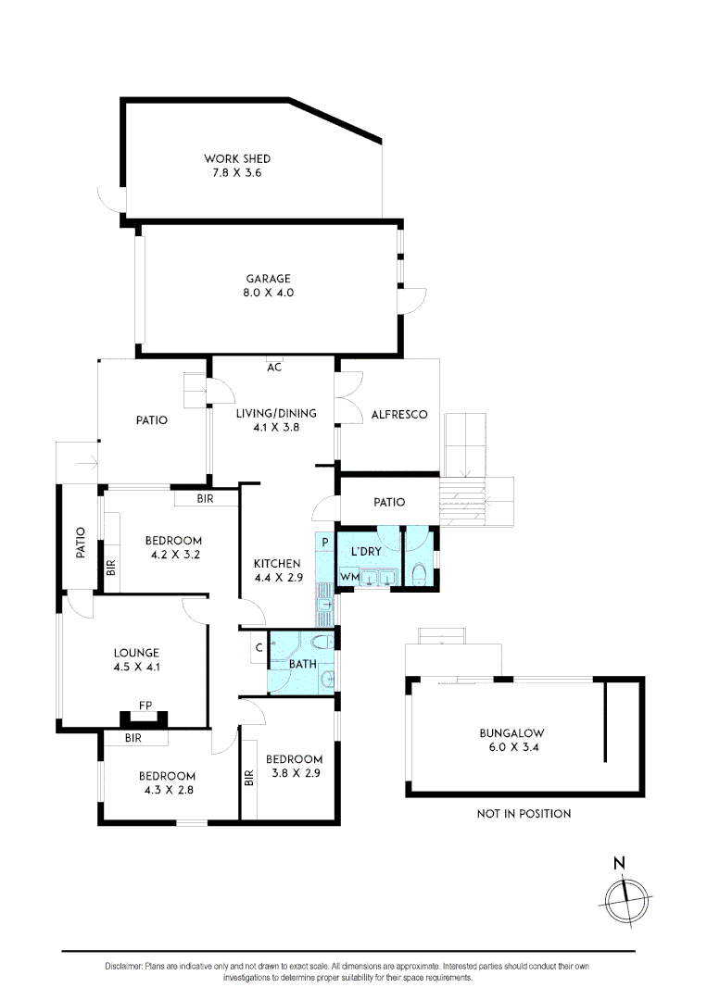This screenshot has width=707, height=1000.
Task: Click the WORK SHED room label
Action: [237, 159]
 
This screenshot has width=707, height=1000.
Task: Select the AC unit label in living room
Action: [274, 367]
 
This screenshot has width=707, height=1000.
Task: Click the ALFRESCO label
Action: [398, 415]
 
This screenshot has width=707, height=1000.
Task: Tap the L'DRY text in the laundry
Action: [366, 553]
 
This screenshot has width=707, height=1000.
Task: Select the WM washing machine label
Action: [349, 578]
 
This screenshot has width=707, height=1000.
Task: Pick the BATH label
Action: [302, 664]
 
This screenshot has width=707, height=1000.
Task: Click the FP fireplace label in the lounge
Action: [145, 706]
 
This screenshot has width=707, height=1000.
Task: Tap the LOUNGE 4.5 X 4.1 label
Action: [137, 659]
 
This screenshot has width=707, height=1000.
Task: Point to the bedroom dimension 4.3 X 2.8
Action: [167, 790]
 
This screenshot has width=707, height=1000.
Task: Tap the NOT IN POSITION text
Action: [524, 814]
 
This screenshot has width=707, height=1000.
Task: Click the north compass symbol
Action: [625, 894]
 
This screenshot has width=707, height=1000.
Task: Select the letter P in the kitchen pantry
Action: [325, 541]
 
